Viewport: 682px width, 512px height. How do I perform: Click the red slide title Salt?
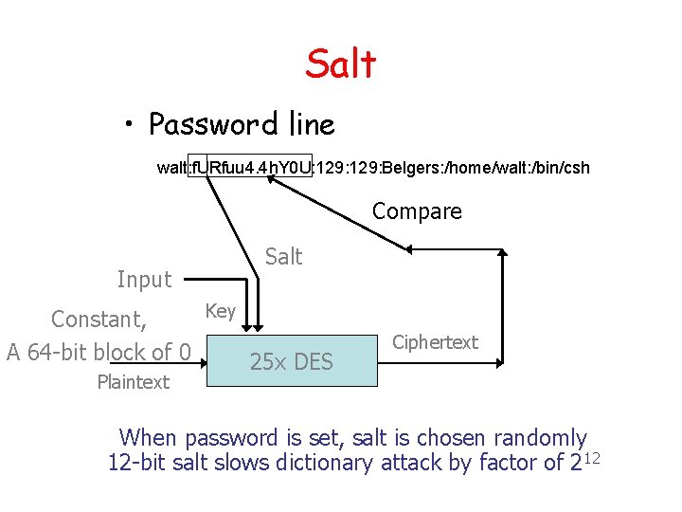341,64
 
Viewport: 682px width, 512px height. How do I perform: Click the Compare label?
417,211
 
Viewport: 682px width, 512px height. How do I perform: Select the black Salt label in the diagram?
283,256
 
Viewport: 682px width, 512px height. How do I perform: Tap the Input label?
144,279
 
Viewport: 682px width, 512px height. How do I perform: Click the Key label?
220,310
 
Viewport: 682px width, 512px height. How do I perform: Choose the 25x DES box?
292,360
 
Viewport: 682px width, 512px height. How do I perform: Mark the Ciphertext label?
435,342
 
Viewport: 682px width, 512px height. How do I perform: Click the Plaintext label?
133,382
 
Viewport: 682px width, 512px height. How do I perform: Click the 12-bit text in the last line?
138,463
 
